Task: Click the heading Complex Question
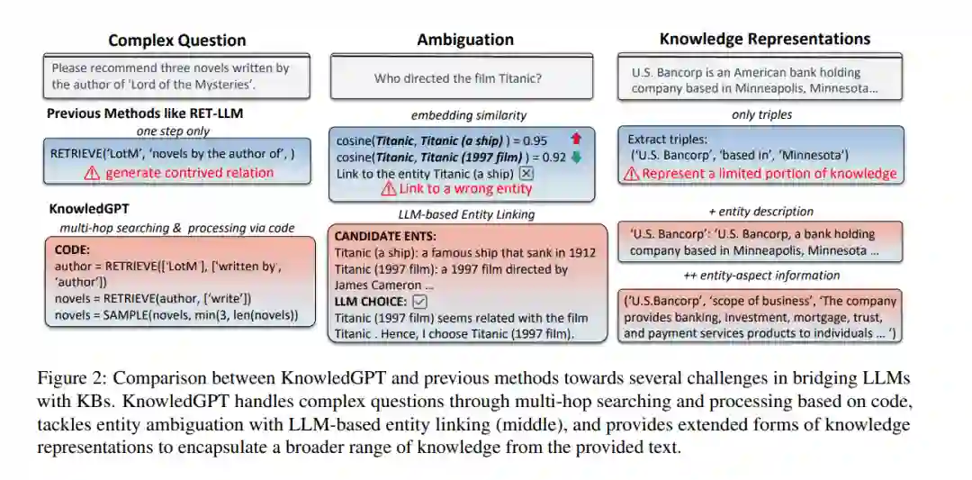[x=176, y=41]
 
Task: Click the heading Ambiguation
[x=465, y=40]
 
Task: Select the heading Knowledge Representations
[x=765, y=39]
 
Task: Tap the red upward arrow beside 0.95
[x=576, y=140]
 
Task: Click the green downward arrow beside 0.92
[x=576, y=156]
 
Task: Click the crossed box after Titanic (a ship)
[x=526, y=173]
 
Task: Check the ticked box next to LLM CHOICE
[x=419, y=301]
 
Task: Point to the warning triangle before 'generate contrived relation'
[x=92, y=173]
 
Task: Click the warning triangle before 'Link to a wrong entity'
[x=388, y=189]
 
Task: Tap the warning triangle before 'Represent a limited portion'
[x=632, y=174]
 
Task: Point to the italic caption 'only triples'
[x=761, y=114]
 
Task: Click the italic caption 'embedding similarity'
[x=468, y=115]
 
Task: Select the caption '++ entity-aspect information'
[x=761, y=276]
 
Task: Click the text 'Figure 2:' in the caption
[x=68, y=376]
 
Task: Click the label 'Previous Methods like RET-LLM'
[x=144, y=113]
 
